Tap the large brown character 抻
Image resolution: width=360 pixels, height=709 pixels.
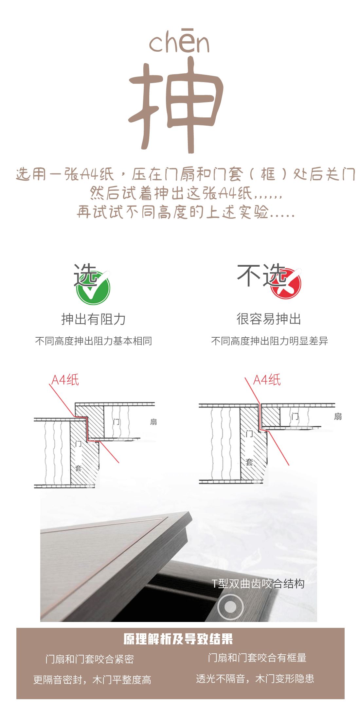[x=176, y=105]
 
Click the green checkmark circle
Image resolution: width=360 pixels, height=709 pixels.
[x=93, y=287]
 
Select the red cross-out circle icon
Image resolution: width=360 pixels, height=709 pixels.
[x=286, y=283]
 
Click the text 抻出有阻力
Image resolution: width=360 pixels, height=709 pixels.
[x=94, y=319]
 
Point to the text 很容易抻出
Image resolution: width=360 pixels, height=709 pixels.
[x=269, y=319]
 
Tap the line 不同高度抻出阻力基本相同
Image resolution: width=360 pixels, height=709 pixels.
[x=94, y=341]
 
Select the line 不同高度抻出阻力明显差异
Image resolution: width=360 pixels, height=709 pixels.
[x=269, y=341]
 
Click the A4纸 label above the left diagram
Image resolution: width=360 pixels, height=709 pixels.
[x=65, y=380]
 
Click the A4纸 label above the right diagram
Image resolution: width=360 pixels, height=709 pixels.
[x=267, y=380]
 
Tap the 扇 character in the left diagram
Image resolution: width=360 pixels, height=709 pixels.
[x=153, y=422]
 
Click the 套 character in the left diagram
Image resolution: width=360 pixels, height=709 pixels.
[x=78, y=468]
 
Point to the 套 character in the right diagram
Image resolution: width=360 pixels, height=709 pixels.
[x=249, y=462]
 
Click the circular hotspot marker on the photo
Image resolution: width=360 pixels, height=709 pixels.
[x=230, y=607]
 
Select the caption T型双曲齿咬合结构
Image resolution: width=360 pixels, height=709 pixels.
[x=258, y=583]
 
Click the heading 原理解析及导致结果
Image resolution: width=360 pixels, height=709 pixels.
[x=178, y=639]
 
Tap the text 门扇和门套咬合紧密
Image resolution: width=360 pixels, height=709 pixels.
[x=90, y=659]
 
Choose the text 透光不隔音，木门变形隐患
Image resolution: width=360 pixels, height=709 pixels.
[x=255, y=679]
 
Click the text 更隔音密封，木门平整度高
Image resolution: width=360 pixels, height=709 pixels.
[x=92, y=680]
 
